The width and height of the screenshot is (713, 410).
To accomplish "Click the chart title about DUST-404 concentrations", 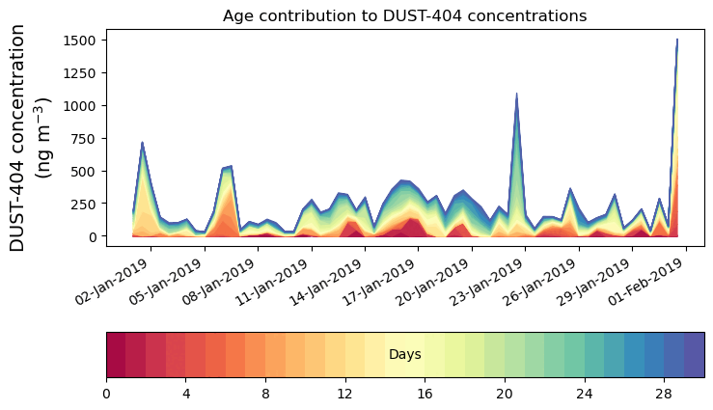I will pos(404,15).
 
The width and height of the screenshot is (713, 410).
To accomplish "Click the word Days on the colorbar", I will pos(404,355).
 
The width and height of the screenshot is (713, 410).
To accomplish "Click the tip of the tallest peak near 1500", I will pos(677,40).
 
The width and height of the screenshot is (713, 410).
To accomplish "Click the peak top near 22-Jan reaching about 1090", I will pos(517,94).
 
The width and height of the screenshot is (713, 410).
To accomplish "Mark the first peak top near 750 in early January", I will pos(143,142).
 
